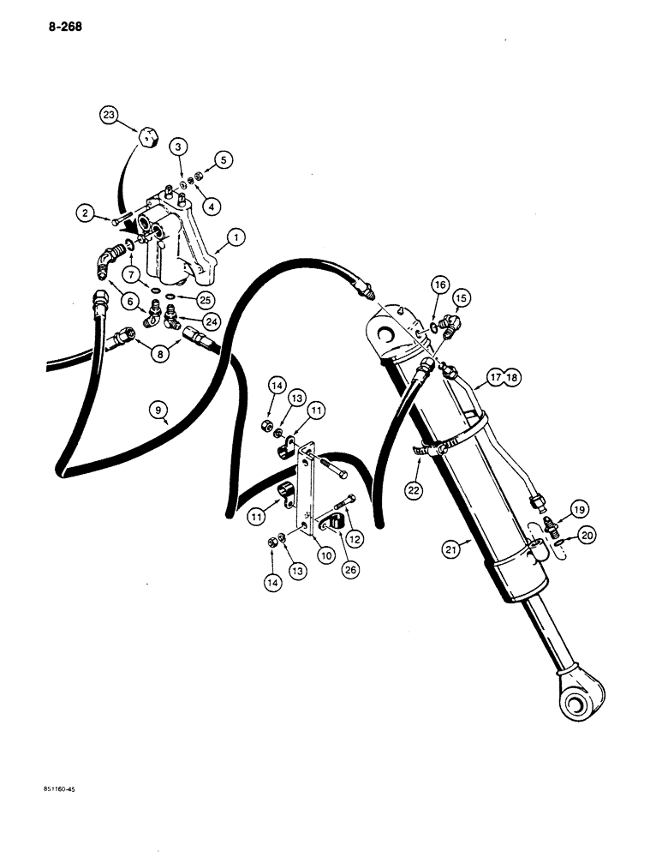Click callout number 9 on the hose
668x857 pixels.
pos(160,411)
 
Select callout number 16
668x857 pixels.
pos(440,284)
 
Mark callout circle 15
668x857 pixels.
pos(463,297)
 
